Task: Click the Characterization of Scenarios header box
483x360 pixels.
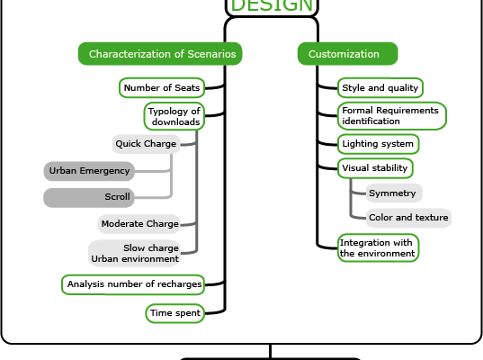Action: point(160,54)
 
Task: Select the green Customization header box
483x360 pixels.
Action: point(348,54)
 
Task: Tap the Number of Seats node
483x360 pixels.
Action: point(162,88)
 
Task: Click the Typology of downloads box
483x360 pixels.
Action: point(174,116)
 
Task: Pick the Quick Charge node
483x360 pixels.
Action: point(146,144)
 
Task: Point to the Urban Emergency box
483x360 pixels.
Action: point(89,171)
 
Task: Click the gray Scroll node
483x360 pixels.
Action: point(89,198)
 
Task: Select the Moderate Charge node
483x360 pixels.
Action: point(139,224)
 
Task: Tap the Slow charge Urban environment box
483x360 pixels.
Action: point(134,254)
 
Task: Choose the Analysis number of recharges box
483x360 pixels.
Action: point(133,284)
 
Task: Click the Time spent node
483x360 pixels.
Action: point(175,313)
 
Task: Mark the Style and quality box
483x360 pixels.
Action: point(380,88)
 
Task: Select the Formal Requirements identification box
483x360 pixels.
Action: point(392,116)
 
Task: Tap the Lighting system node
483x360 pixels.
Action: point(379,144)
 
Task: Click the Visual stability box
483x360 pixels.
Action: point(375,168)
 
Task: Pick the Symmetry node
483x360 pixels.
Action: point(394,193)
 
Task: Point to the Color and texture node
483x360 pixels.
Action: point(408,218)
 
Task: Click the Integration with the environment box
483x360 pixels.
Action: point(378,247)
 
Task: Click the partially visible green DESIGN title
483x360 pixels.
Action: point(272,6)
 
